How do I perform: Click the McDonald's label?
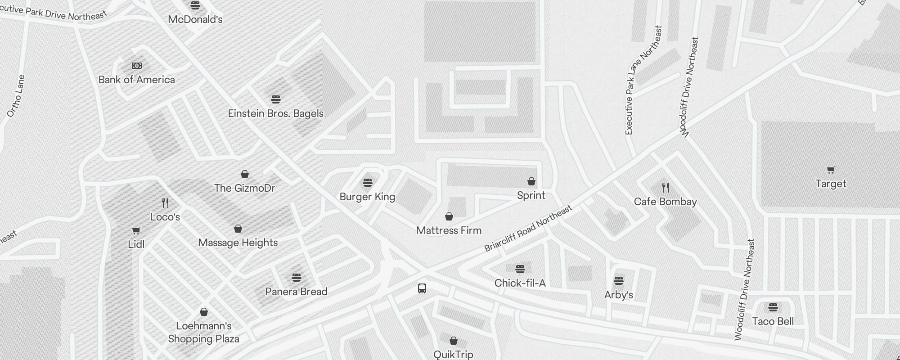195,19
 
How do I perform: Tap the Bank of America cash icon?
137,66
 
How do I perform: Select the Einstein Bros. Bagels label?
275,113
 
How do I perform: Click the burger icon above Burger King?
368,183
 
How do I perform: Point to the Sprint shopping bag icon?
531,181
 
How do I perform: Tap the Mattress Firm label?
449,230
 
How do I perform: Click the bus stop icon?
422,288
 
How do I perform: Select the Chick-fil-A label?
520,283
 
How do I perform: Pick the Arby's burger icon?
619,281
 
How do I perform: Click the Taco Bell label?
773,321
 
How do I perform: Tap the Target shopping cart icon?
831,170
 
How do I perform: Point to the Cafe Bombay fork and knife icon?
666,188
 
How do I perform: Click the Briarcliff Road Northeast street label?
528,228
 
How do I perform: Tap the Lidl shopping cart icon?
136,230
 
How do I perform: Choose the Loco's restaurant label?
165,217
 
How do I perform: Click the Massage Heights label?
238,243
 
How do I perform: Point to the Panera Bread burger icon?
296,277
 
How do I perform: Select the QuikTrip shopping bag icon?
454,341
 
